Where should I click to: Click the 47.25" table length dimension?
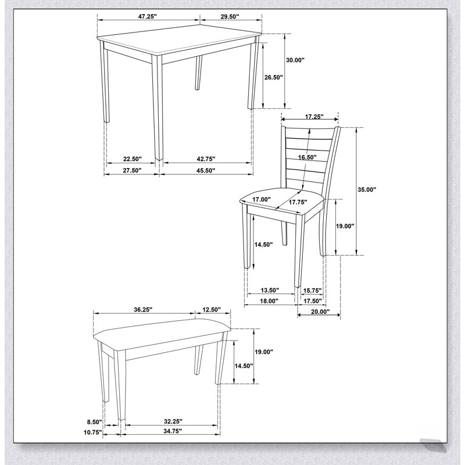pyautogui.click(x=147, y=17)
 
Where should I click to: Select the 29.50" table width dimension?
pyautogui.click(x=230, y=17)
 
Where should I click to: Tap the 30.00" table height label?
pyautogui.click(x=295, y=60)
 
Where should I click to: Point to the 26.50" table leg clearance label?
pyautogui.click(x=274, y=77)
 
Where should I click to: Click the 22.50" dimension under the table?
pyautogui.click(x=133, y=159)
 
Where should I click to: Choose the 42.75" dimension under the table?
pyautogui.click(x=206, y=159)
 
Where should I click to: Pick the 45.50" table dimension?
pyautogui.click(x=206, y=170)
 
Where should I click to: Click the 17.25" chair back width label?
pyautogui.click(x=314, y=117)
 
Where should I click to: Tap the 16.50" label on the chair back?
pyautogui.click(x=307, y=157)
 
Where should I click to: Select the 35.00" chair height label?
pyautogui.click(x=367, y=189)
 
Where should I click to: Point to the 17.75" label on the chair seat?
pyautogui.click(x=298, y=202)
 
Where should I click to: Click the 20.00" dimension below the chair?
pyautogui.click(x=320, y=312)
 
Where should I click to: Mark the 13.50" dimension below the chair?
pyautogui.click(x=270, y=290)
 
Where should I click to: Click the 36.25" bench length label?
pyautogui.click(x=143, y=310)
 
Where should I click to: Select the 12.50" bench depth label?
pyautogui.click(x=212, y=310)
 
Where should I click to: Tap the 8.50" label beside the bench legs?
pyautogui.click(x=95, y=421)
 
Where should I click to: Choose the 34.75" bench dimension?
pyautogui.click(x=172, y=431)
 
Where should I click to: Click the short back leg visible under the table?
pyautogui.click(x=198, y=73)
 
